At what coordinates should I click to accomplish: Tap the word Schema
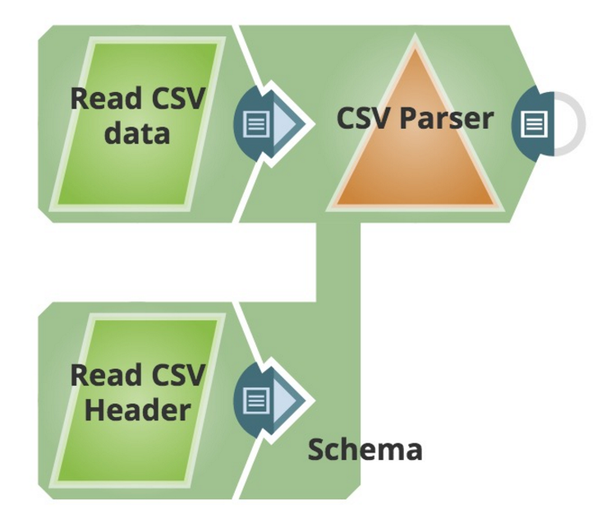[x=365, y=449]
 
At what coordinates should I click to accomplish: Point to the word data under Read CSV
[x=137, y=132]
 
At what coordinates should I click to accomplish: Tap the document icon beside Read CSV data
[x=257, y=125]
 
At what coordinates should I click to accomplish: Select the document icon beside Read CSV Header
[x=257, y=401]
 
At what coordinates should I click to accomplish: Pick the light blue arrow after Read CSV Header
[x=289, y=401]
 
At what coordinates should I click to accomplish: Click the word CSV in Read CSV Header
[x=173, y=375]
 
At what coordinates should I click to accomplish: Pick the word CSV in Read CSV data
[x=173, y=99]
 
